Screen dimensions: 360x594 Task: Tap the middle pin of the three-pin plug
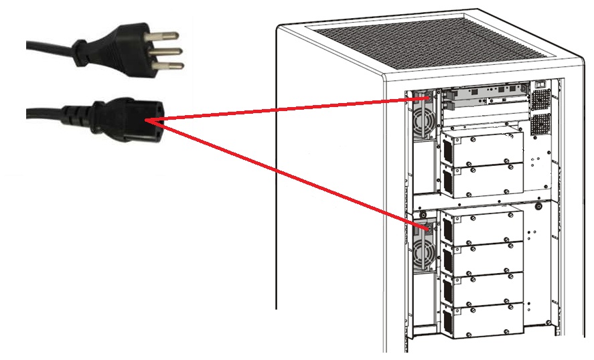pyautogui.click(x=172, y=51)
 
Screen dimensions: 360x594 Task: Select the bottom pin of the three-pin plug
pyautogui.click(x=170, y=66)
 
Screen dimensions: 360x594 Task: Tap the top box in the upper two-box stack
pyautogui.click(x=481, y=147)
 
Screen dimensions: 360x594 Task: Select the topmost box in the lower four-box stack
pyautogui.click(x=481, y=228)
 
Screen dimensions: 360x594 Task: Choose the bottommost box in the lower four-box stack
pyautogui.click(x=480, y=320)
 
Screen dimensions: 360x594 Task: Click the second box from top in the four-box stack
pyautogui.click(x=481, y=259)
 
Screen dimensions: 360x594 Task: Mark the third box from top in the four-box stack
pyautogui.click(x=481, y=289)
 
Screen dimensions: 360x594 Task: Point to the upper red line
pyautogui.click(x=281, y=110)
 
